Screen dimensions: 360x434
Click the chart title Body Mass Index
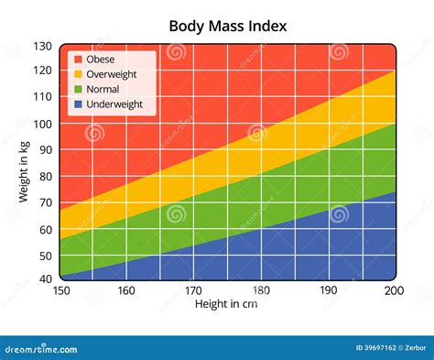[x=228, y=26]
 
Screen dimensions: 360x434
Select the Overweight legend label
[x=112, y=74]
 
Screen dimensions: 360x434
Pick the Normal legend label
[x=103, y=89]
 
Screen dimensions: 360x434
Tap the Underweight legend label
[x=114, y=104]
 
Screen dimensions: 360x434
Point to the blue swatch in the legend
[x=78, y=104]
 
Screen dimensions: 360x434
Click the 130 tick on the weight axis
[x=43, y=46]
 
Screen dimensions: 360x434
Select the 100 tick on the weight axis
[x=43, y=124]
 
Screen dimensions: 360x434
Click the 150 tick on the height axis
[x=60, y=290]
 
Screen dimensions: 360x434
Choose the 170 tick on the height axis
[x=194, y=290]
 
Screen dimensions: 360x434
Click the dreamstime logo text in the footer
[x=40, y=348]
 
